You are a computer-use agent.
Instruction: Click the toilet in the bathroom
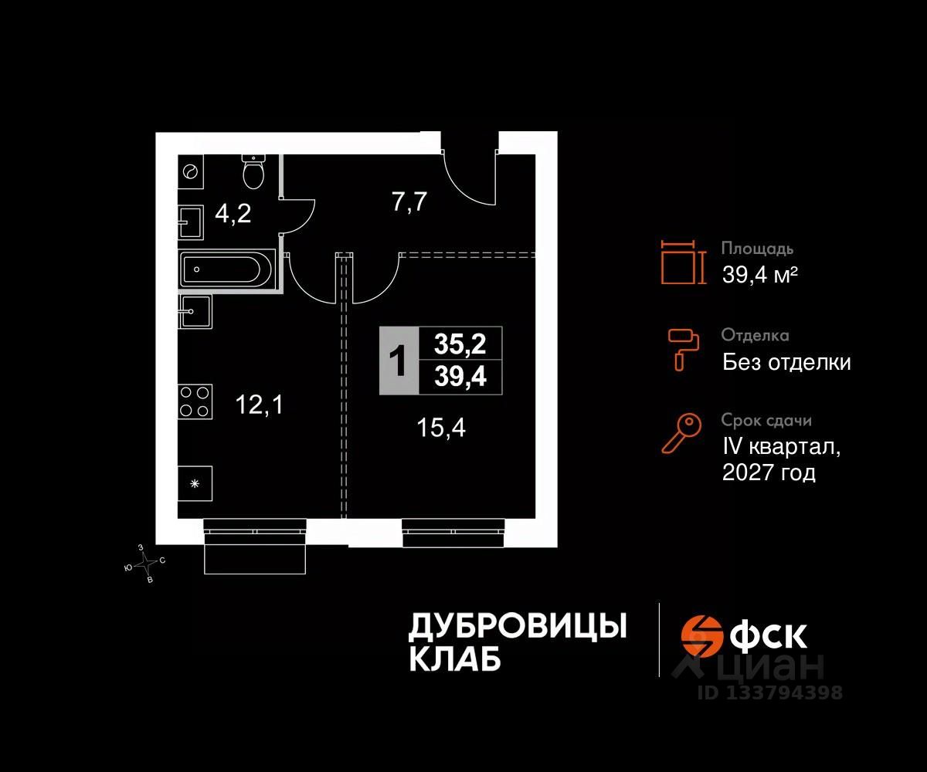(254, 171)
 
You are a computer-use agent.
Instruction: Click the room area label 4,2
(232, 214)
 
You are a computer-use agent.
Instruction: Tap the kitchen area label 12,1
(259, 404)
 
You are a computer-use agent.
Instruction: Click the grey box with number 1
(398, 361)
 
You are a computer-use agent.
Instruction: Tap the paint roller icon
(683, 348)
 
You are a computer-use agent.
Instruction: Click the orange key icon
(681, 433)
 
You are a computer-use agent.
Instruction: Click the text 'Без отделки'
(786, 362)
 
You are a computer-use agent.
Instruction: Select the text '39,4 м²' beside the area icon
(759, 274)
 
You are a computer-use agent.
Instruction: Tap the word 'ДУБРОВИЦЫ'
(517, 627)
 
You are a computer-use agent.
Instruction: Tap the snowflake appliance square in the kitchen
(195, 484)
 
